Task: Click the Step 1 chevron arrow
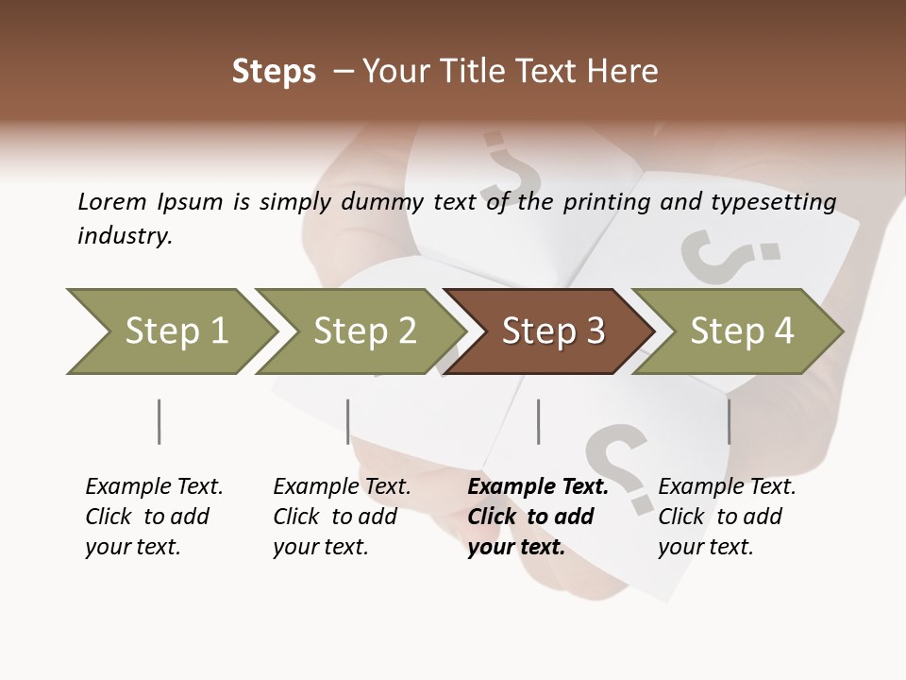tap(175, 331)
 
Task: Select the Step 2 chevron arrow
tap(363, 331)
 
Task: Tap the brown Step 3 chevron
tap(552, 331)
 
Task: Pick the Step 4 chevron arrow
tap(741, 331)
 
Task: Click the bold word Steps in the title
tap(274, 72)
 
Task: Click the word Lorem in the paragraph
tap(112, 201)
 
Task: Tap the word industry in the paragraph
tap(125, 236)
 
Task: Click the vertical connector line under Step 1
tap(159, 421)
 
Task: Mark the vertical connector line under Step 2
tap(348, 421)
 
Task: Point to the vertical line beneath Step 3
tap(539, 421)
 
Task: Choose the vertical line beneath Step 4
tap(730, 421)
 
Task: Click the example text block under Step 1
tap(154, 517)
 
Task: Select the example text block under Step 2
tap(342, 517)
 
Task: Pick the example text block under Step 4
tap(727, 517)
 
